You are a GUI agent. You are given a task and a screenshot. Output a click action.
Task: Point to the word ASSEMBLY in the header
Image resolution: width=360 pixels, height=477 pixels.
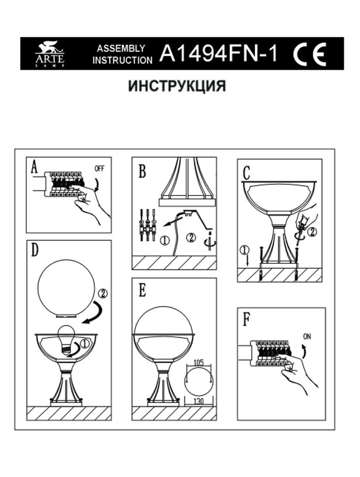click(121, 48)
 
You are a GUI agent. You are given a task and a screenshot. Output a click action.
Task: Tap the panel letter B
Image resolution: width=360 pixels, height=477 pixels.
click(142, 172)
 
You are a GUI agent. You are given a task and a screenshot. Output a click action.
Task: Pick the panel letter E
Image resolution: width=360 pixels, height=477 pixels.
click(142, 291)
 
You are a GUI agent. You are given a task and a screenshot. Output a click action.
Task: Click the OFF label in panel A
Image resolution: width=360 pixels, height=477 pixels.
click(99, 169)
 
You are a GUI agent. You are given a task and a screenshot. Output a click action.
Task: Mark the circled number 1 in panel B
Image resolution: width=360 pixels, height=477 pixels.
click(164, 240)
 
